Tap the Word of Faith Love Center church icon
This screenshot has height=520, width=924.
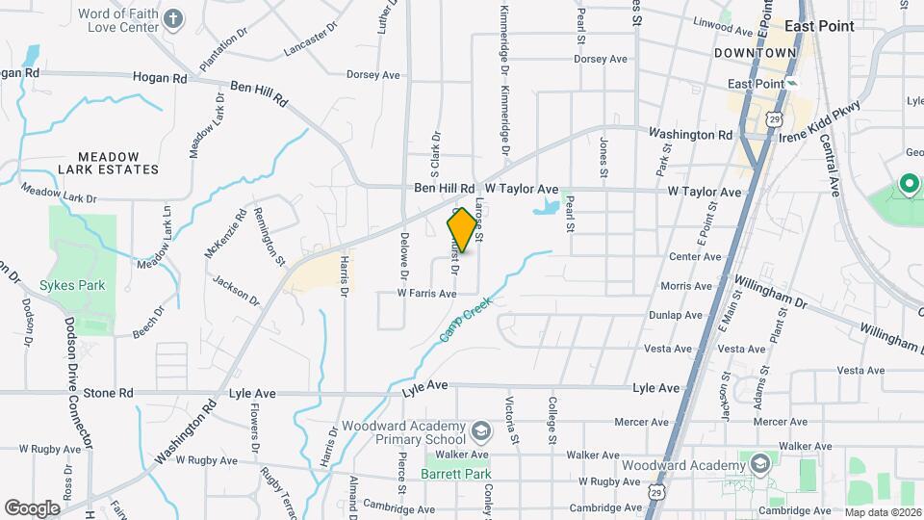click(x=172, y=18)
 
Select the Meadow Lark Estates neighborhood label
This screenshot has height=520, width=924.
click(x=108, y=163)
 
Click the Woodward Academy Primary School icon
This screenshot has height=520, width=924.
click(x=478, y=429)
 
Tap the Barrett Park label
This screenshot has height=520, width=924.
click(x=456, y=474)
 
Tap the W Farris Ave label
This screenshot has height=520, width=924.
click(x=426, y=293)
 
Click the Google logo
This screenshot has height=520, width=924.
click(x=32, y=507)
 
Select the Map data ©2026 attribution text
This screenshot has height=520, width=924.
click(x=883, y=512)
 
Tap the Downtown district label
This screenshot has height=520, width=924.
click(x=756, y=52)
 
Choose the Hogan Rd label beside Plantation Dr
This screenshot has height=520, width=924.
click(x=160, y=77)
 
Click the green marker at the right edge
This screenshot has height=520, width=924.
click(x=908, y=183)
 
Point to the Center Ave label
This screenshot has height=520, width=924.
click(x=695, y=257)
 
